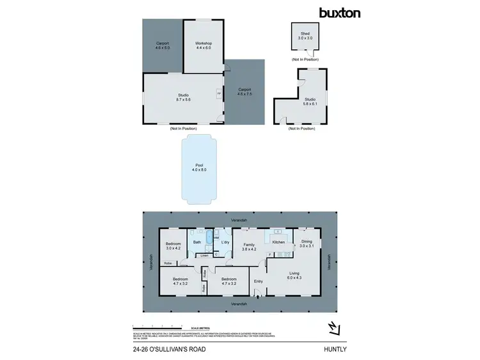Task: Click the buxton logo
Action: pyautogui.click(x=340, y=12)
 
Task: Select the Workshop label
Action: pyautogui.click(x=204, y=43)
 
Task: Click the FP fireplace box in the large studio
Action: pyautogui.click(x=220, y=93)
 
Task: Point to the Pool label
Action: pyautogui.click(x=198, y=166)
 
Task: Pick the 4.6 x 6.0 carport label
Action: pyautogui.click(x=163, y=45)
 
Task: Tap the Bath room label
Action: pyautogui.click(x=198, y=242)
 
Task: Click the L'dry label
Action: pyautogui.click(x=225, y=242)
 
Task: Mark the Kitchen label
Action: pyautogui.click(x=278, y=242)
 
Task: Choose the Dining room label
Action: pyautogui.click(x=307, y=240)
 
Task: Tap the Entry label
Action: pyautogui.click(x=259, y=281)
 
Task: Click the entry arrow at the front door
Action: pyautogui.click(x=257, y=295)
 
